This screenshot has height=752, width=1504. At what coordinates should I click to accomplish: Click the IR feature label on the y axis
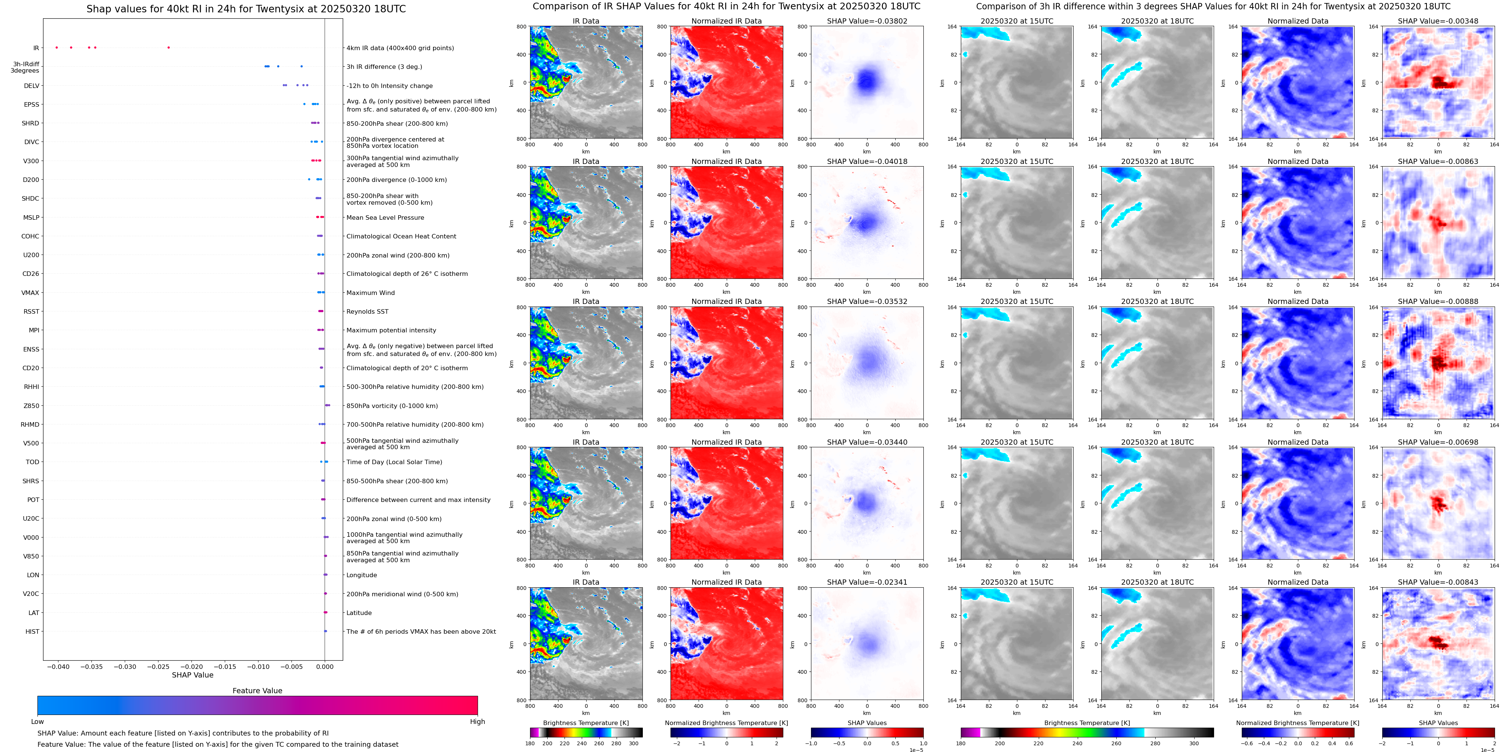click(x=36, y=48)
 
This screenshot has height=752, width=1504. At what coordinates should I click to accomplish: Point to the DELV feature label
click(x=31, y=86)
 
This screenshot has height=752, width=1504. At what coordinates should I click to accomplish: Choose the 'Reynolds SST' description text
click(x=367, y=311)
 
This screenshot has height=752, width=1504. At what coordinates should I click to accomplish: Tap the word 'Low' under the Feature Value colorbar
click(x=37, y=722)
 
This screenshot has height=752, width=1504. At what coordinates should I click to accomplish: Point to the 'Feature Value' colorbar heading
click(x=257, y=691)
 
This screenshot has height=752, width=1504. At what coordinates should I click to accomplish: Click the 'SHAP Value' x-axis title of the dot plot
click(x=192, y=675)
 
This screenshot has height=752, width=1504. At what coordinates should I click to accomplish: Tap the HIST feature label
click(x=32, y=631)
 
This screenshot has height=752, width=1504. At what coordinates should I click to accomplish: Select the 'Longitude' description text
click(x=361, y=575)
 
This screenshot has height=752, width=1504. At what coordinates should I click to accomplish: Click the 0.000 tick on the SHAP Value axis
click(x=325, y=667)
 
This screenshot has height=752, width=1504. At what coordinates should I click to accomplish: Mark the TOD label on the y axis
click(x=32, y=462)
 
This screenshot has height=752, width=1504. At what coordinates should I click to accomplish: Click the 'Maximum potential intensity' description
click(x=391, y=330)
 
